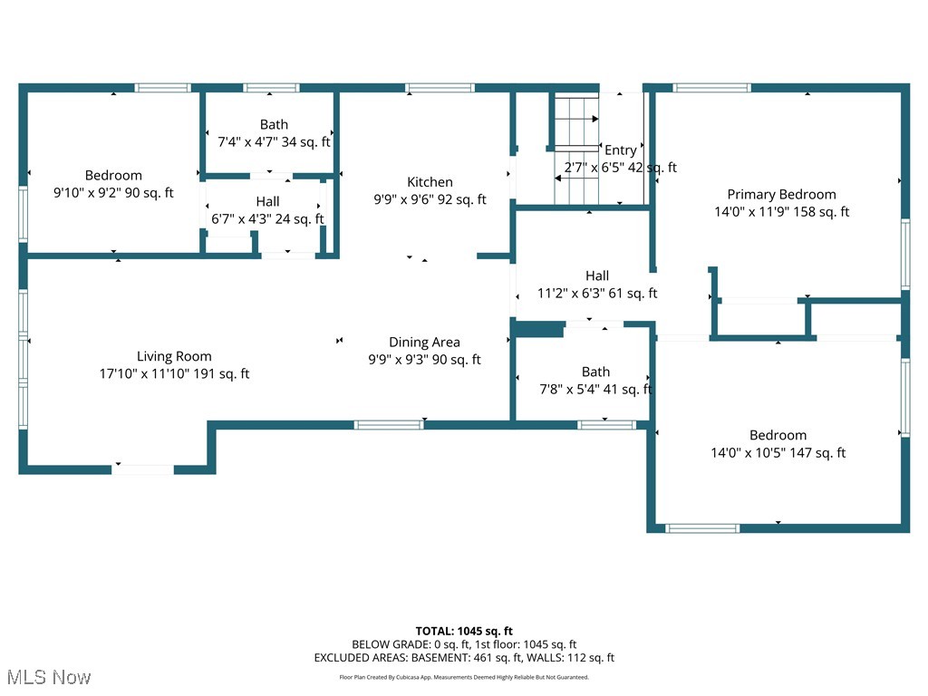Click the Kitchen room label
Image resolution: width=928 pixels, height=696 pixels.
[430, 182]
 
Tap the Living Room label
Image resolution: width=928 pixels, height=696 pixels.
[174, 356]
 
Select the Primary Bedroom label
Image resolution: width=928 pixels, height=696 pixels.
[781, 194]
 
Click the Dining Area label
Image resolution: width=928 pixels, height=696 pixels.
[424, 342]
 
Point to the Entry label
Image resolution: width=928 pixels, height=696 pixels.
[621, 150]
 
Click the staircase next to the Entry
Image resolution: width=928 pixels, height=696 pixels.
[576, 150]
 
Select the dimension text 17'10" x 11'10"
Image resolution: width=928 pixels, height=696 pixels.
[174, 373]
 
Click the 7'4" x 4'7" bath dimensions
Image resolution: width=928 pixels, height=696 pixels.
[274, 142]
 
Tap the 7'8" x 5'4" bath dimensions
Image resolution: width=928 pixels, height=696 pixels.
[595, 390]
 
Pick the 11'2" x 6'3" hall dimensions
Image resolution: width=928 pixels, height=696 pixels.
[596, 293]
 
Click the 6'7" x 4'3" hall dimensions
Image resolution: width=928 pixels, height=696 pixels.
[267, 218]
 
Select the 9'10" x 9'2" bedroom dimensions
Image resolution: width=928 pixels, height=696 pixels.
[113, 192]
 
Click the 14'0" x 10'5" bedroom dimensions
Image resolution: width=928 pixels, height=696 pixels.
[778, 452]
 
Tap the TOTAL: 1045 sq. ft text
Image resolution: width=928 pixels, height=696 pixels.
[464, 631]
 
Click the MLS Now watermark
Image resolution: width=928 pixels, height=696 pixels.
[48, 677]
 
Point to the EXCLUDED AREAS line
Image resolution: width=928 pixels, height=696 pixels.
[464, 658]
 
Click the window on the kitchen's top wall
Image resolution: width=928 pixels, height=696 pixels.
[440, 88]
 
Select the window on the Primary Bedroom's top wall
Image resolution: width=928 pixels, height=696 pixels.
[711, 88]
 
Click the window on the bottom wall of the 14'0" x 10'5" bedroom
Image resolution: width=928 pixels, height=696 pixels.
[702, 527]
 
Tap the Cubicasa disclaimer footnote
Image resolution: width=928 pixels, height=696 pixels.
[464, 677]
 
